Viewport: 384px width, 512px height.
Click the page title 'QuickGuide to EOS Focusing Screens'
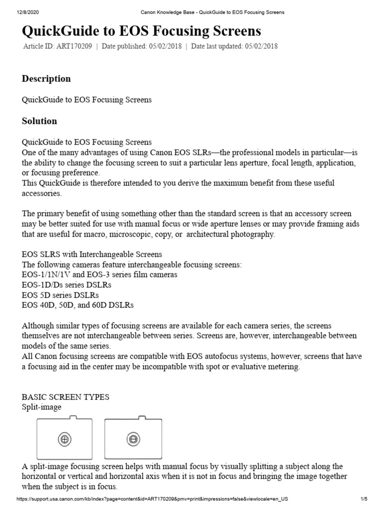(x=141, y=31)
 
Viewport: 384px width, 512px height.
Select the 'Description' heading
(x=46, y=78)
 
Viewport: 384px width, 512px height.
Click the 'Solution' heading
(x=39, y=121)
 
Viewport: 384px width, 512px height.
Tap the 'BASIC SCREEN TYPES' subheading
(x=65, y=397)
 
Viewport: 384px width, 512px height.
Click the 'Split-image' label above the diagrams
(x=41, y=407)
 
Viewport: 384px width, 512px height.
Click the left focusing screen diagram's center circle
(x=64, y=439)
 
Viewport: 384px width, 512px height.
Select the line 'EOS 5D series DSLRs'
(x=60, y=294)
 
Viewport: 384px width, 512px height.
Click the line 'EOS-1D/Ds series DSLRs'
(x=66, y=284)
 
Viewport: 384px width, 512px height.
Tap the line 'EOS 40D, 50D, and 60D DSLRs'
(x=77, y=304)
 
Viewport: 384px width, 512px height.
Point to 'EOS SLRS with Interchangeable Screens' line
(x=92, y=254)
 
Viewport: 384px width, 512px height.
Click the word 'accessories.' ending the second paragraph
(x=42, y=193)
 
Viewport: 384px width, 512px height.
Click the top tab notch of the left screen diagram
(x=73, y=417)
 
